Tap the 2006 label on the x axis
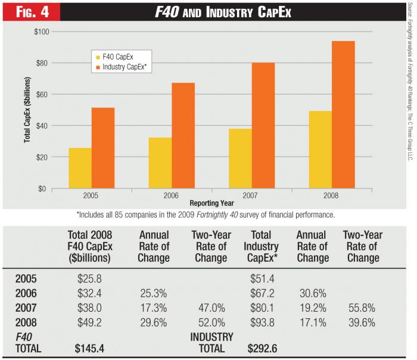[172, 195]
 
